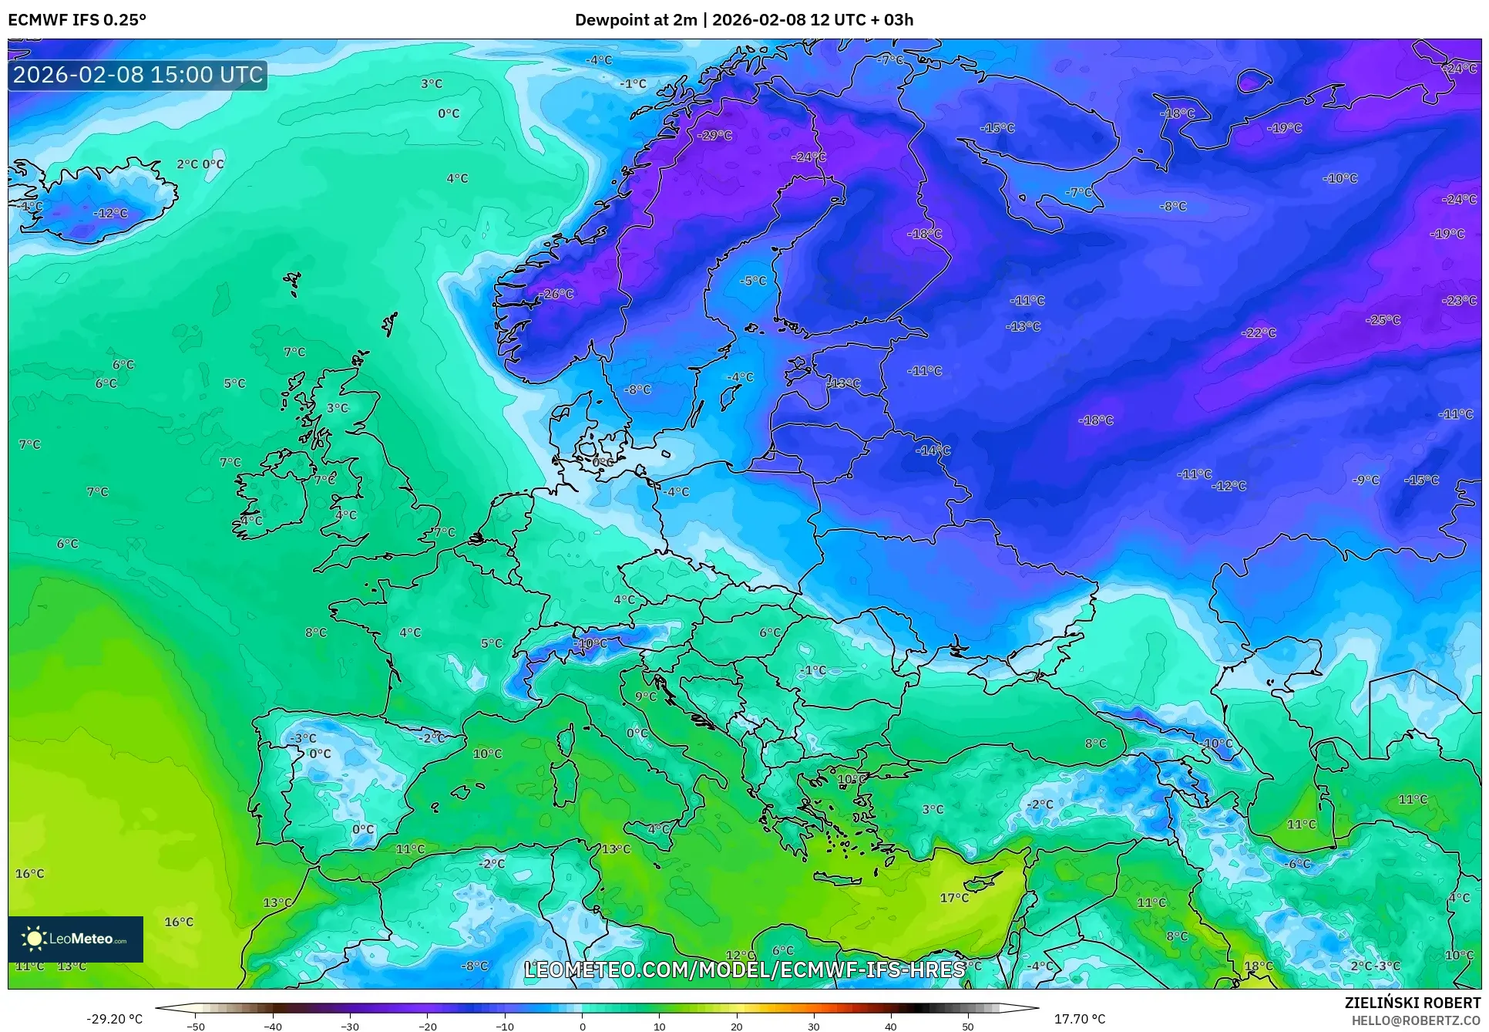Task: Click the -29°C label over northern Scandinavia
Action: click(714, 135)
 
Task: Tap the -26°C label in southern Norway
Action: click(557, 294)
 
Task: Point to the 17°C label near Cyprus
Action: click(954, 898)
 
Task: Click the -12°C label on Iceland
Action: click(111, 214)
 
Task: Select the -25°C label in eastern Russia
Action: click(1383, 320)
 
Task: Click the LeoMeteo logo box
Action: click(76, 939)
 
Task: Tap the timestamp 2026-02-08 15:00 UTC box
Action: click(138, 75)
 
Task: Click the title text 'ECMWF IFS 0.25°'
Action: click(77, 20)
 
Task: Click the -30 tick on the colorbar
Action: click(350, 1026)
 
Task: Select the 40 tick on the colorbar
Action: click(890, 1026)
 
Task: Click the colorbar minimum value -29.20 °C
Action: click(114, 1019)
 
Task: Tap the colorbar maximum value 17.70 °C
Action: click(1079, 1019)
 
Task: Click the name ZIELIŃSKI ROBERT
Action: click(1412, 1003)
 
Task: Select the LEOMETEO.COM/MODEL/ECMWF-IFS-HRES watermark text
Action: click(744, 970)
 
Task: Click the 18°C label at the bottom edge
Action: click(1258, 966)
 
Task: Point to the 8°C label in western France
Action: click(316, 632)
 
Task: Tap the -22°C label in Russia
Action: click(1259, 333)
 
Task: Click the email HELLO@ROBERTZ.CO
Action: click(1416, 1020)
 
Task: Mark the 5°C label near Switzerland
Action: click(492, 643)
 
